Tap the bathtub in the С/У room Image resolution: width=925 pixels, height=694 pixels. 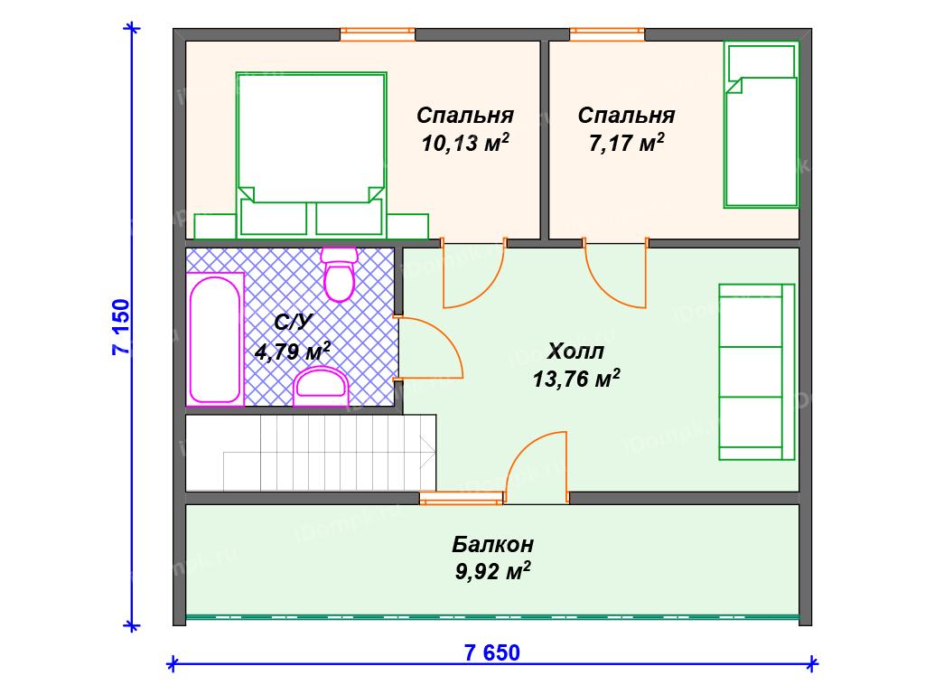tap(215, 339)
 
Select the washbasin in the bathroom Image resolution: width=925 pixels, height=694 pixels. tap(321, 386)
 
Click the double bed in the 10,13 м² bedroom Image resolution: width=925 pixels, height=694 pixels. tap(311, 155)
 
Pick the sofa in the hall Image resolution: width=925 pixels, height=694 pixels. tap(757, 371)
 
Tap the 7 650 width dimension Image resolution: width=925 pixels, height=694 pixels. tap(492, 652)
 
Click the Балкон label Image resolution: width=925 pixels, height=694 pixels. tap(492, 543)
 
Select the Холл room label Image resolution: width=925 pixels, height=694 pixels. tap(575, 352)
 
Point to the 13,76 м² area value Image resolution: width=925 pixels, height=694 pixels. tap(575, 379)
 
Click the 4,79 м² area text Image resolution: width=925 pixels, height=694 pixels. tap(292, 352)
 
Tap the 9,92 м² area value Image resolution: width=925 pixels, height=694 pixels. tap(492, 571)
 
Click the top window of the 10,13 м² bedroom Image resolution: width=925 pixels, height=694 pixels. tap(378, 34)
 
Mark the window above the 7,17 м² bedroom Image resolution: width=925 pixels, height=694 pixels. tap(607, 34)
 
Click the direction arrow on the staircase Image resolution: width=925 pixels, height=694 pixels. tap(427, 453)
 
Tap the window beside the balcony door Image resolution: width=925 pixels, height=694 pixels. tap(462, 499)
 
